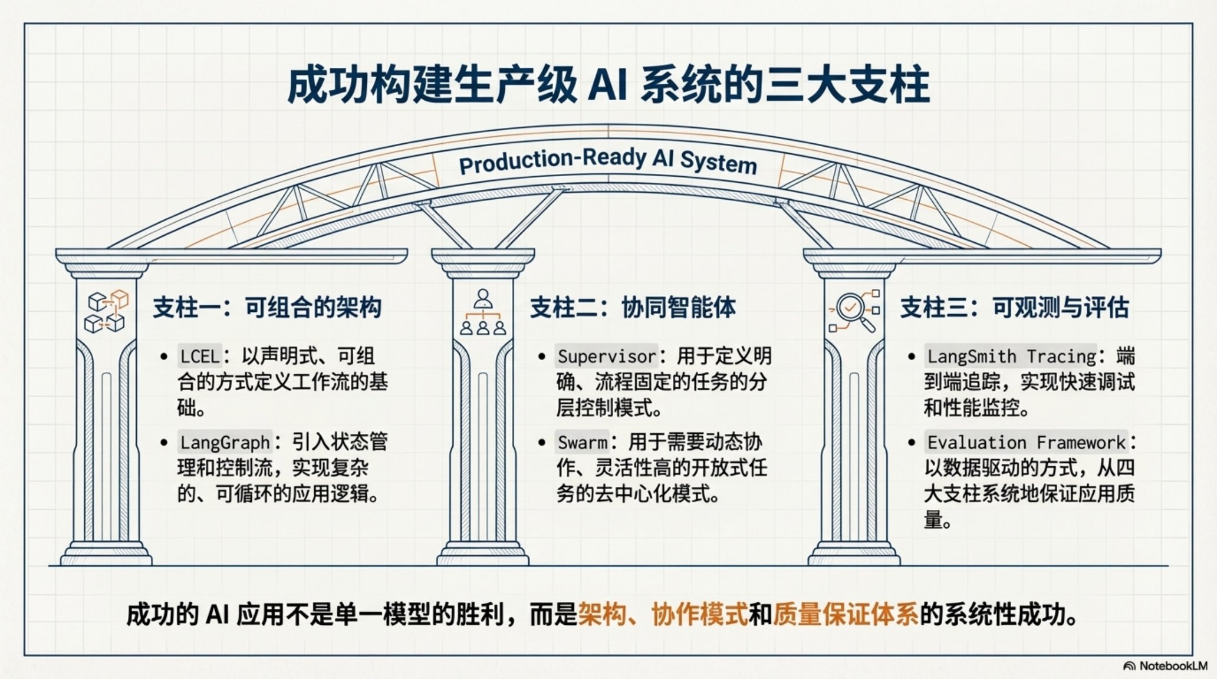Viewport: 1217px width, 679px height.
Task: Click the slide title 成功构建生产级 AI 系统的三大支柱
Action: point(608,87)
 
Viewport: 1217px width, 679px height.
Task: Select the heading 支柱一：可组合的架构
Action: point(267,308)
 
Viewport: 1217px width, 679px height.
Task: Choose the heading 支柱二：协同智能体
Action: point(633,308)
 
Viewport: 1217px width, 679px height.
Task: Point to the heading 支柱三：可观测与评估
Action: point(1014,308)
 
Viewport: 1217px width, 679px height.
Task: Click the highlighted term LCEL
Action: point(200,357)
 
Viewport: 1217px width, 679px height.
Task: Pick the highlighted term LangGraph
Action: point(225,442)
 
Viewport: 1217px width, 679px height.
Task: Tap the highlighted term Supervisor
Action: point(606,357)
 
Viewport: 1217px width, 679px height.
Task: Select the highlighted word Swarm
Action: point(583,442)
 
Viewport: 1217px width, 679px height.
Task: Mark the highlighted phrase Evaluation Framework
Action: point(1026,442)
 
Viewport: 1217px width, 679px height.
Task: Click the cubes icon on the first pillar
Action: point(107,311)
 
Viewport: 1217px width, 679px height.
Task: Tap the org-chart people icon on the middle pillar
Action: point(483,312)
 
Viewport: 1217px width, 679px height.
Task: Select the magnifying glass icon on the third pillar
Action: point(854,311)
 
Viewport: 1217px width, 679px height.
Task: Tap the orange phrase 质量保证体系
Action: point(846,615)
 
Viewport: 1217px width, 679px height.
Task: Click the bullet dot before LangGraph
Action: point(164,443)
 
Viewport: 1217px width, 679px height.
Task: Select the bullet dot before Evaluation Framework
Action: point(912,443)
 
